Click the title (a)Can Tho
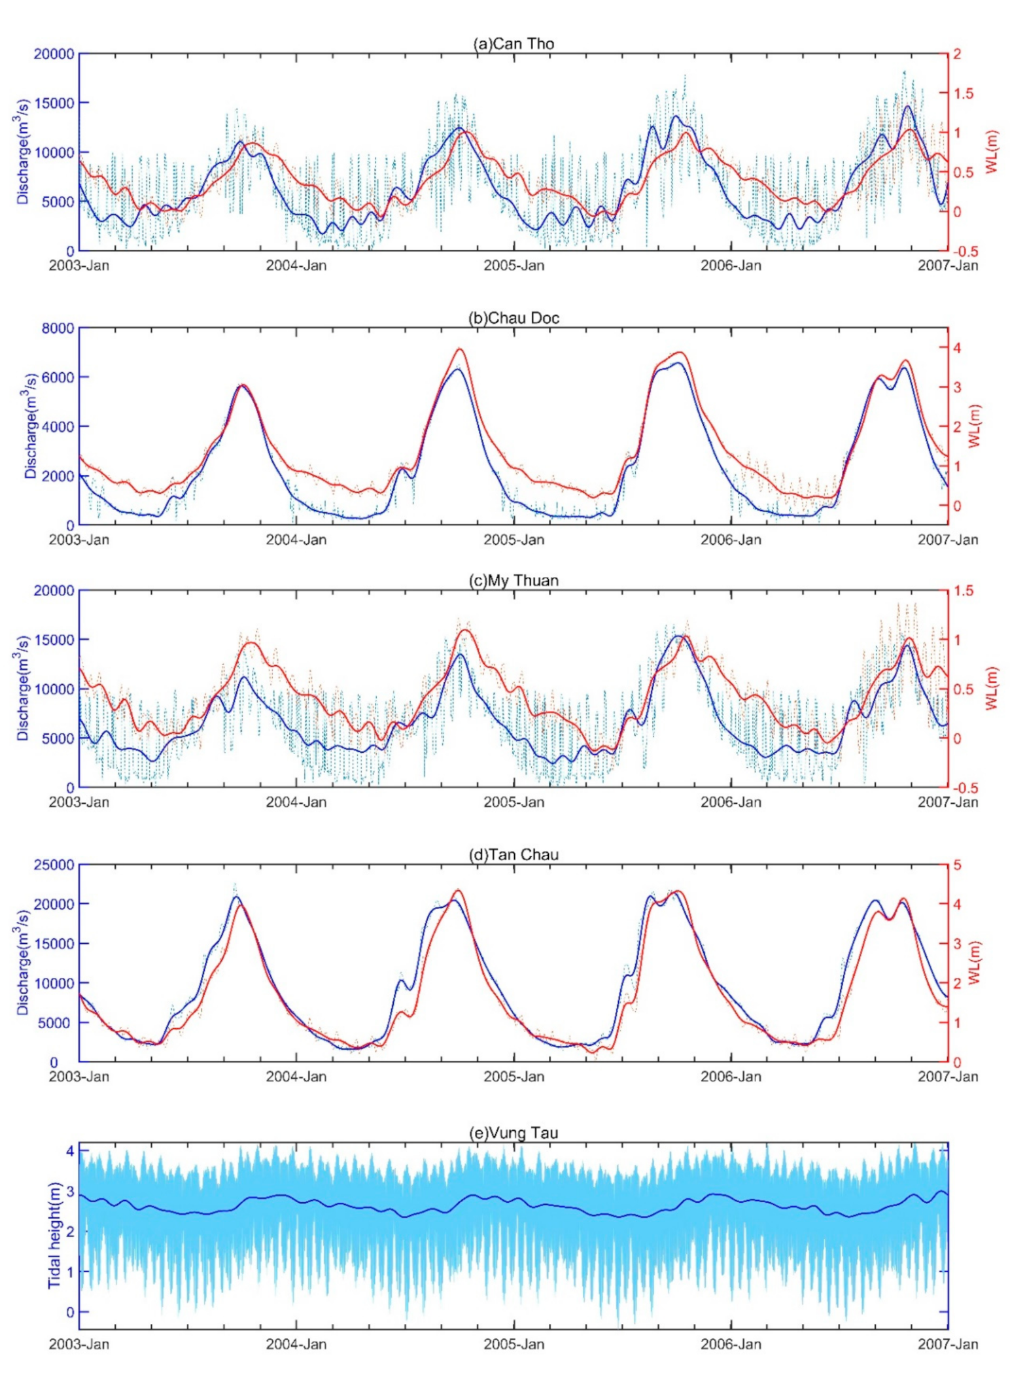click(x=514, y=44)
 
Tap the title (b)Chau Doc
click(x=514, y=319)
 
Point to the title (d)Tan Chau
click(x=514, y=855)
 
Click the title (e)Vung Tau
click(x=514, y=1133)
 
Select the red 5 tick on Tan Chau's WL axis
click(x=957, y=865)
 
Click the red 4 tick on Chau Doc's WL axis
click(x=957, y=347)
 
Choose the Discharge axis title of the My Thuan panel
click(x=24, y=688)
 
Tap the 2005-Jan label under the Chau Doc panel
click(x=514, y=540)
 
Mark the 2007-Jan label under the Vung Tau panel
click(x=947, y=1344)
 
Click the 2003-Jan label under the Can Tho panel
click(x=79, y=266)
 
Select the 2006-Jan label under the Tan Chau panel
click(x=731, y=1077)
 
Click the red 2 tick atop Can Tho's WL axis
click(x=957, y=54)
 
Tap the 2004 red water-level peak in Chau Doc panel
click(x=459, y=349)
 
